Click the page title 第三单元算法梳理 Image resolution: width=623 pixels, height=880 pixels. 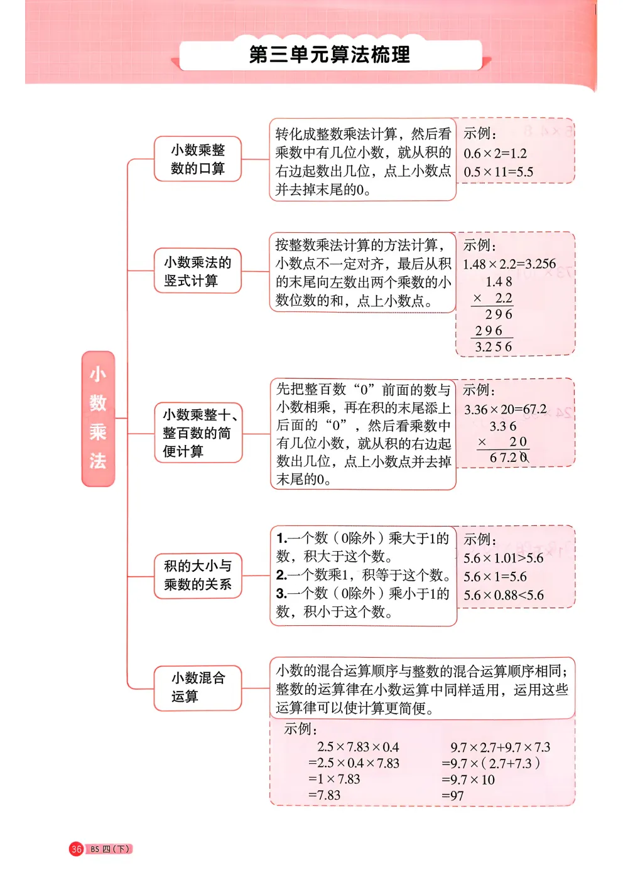(330, 55)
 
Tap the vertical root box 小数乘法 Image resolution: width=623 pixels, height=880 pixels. (98, 419)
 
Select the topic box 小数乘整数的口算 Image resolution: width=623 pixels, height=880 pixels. (198, 159)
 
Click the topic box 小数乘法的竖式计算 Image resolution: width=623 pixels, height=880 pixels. (198, 271)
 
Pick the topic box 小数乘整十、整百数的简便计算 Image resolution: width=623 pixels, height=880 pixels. (198, 433)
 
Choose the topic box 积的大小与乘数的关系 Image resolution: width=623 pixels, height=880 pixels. (198, 575)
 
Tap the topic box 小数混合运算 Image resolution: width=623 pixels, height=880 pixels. (198, 687)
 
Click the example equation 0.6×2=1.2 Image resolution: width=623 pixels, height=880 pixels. (495, 154)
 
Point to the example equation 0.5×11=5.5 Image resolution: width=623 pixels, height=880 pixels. (498, 172)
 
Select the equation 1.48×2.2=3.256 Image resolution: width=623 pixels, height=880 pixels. (509, 264)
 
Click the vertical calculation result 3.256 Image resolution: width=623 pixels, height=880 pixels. (494, 347)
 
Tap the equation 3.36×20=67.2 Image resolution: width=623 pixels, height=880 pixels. (505, 410)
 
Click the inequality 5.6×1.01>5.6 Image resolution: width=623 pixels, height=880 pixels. (503, 559)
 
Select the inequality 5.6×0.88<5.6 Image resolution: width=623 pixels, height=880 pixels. (504, 595)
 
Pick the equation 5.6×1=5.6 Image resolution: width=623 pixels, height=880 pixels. (495, 577)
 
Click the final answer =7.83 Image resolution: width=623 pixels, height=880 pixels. (324, 795)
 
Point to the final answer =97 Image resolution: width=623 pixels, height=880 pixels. (453, 796)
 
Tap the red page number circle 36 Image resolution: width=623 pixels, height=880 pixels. (77, 849)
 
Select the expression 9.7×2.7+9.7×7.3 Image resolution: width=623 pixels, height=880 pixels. (500, 748)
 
